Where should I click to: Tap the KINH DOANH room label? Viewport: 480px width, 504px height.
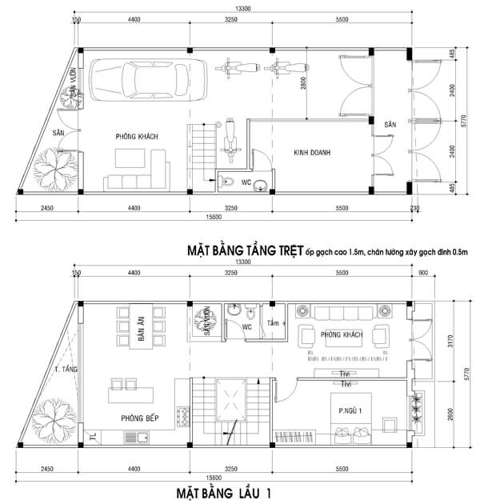pyautogui.click(x=313, y=152)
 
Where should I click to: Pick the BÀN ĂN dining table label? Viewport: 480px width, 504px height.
pyautogui.click(x=141, y=328)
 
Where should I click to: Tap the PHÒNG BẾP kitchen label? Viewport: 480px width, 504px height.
pyautogui.click(x=138, y=416)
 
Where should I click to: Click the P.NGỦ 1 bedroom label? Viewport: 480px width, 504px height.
pyautogui.click(x=349, y=411)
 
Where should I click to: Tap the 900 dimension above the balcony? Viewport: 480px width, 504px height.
pyautogui.click(x=422, y=273)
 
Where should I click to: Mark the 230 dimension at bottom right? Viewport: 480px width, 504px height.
pyautogui.click(x=414, y=209)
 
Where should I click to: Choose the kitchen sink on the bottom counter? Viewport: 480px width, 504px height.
pyautogui.click(x=142, y=437)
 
